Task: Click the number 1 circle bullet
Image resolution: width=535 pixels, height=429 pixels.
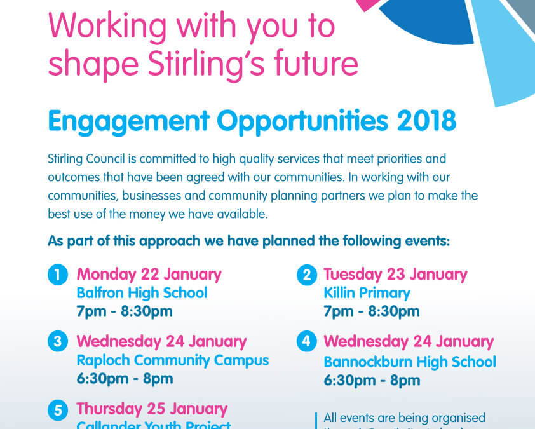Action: coord(57,276)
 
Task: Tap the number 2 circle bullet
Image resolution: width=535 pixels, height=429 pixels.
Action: coord(306,276)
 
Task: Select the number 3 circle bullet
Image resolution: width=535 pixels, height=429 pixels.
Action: coord(57,342)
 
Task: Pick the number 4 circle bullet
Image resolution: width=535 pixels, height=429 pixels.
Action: coord(306,342)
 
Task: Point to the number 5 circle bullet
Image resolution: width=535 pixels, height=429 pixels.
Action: coord(57,410)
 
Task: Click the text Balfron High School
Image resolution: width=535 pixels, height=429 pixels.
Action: coord(142,293)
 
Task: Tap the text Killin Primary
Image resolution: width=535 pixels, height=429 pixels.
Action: coord(367,293)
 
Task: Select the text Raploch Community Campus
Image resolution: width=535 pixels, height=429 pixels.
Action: coord(172,360)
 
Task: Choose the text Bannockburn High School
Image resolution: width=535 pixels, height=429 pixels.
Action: coord(410,362)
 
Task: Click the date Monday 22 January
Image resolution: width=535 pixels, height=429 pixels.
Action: coord(149,275)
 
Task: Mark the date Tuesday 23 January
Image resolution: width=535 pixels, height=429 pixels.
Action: coord(395,275)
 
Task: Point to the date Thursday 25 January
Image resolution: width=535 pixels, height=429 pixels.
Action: coord(151,408)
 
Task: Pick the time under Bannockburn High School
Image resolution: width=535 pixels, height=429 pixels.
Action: coord(371,380)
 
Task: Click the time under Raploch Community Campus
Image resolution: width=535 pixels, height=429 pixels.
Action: coord(125,378)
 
